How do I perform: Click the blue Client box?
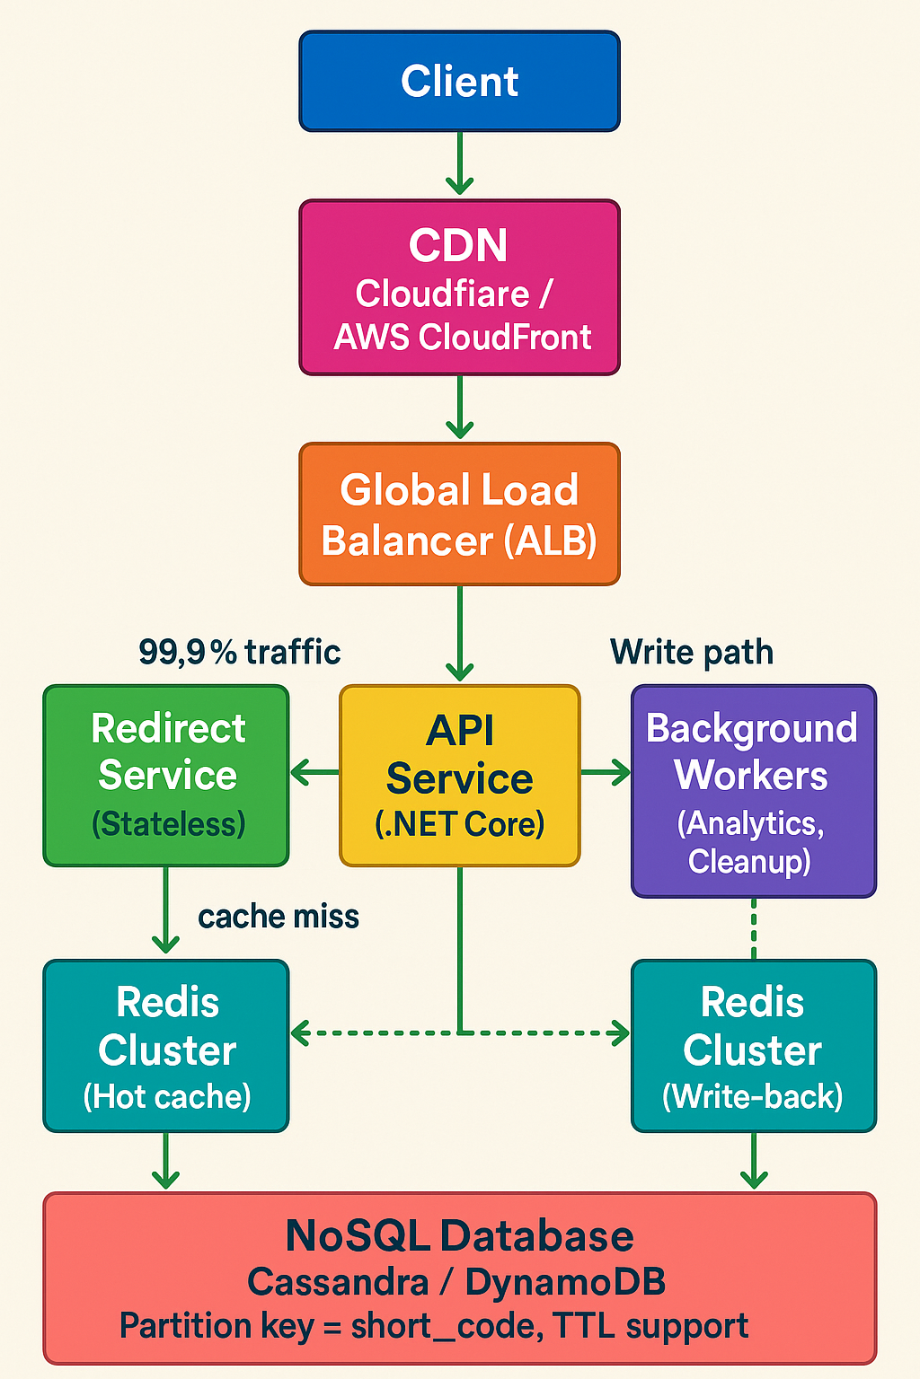[459, 81]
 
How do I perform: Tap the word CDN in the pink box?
[458, 245]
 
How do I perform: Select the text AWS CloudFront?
[463, 338]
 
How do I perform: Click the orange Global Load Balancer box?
[459, 514]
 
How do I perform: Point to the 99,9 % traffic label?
[239, 652]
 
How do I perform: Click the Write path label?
[691, 652]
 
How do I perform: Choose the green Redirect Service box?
[166, 775]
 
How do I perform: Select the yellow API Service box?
[459, 776]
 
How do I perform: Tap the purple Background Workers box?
[753, 790]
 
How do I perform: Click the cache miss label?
[278, 917]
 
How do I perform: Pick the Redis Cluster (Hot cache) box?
[166, 1046]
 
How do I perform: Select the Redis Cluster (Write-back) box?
[753, 1046]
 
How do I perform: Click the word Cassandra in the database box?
[338, 1282]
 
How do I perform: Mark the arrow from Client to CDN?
[459, 163]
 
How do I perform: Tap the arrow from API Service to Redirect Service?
[314, 771]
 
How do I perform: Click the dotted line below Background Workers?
[753, 928]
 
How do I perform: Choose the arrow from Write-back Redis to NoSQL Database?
[753, 1161]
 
